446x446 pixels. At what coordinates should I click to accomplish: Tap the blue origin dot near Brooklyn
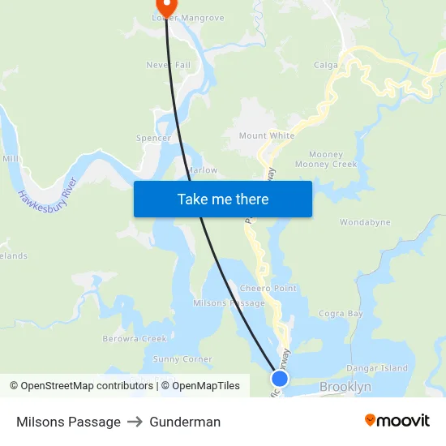click(279, 376)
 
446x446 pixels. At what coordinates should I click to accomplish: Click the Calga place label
click(327, 65)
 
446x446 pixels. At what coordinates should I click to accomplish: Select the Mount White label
click(267, 135)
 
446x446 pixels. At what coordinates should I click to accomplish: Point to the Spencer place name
click(153, 138)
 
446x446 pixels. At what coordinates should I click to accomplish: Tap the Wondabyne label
click(364, 222)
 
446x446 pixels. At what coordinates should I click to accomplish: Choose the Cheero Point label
click(268, 289)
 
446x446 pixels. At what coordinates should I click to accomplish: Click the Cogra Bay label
click(341, 313)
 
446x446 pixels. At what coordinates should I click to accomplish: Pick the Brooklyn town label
click(345, 387)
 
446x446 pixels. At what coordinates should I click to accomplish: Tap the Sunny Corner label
click(182, 359)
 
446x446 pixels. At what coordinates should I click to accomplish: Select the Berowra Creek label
click(135, 338)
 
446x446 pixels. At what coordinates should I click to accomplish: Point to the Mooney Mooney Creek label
click(325, 159)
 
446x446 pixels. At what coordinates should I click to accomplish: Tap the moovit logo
click(397, 421)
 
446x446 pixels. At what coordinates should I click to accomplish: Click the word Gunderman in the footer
click(185, 422)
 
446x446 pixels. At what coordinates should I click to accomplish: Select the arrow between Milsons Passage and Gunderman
click(135, 422)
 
